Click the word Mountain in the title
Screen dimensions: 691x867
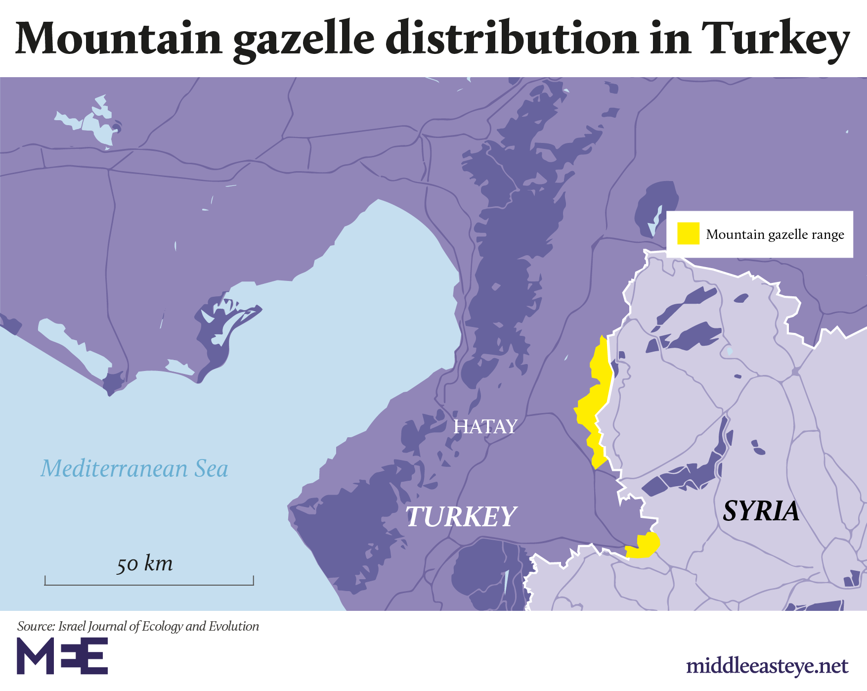pyautogui.click(x=119, y=39)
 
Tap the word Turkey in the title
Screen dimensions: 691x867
pyautogui.click(x=775, y=39)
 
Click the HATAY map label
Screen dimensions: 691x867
pyautogui.click(x=485, y=426)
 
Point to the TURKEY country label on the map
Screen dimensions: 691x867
pyautogui.click(x=461, y=516)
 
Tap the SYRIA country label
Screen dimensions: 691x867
pyautogui.click(x=761, y=510)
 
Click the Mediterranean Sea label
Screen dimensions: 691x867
pyautogui.click(x=134, y=468)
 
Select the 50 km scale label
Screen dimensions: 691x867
pyautogui.click(x=144, y=563)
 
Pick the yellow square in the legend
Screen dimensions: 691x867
pyautogui.click(x=688, y=233)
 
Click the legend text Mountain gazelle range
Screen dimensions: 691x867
pyautogui.click(x=775, y=234)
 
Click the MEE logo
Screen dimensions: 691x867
pyautogui.click(x=62, y=655)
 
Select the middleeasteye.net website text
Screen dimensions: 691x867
pyautogui.click(x=767, y=666)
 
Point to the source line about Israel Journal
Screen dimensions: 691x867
pyautogui.click(x=138, y=626)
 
